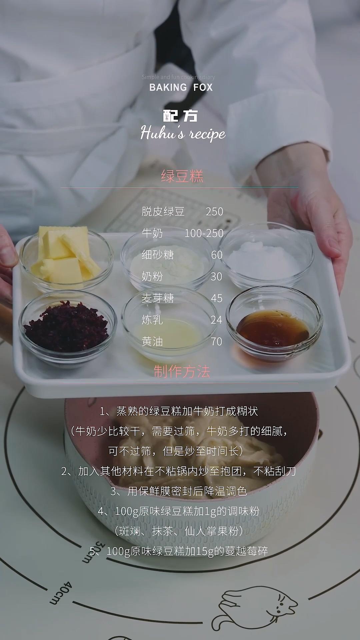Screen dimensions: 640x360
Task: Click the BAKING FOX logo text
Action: pyautogui.click(x=181, y=87)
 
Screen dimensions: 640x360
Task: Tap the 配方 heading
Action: pyautogui.click(x=180, y=116)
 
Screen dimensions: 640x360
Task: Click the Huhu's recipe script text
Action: pyautogui.click(x=183, y=133)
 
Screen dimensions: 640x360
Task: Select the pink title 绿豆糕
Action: pyautogui.click(x=182, y=176)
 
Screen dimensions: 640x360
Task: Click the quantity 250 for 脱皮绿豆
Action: pyautogui.click(x=214, y=212)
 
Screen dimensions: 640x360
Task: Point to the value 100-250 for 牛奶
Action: pyautogui.click(x=204, y=233)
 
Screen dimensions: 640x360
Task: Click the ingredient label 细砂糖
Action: pyautogui.click(x=158, y=255)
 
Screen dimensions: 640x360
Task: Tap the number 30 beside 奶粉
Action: pyautogui.click(x=216, y=277)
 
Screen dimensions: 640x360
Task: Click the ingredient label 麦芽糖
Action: pyautogui.click(x=158, y=298)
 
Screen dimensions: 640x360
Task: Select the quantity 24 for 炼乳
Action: pyautogui.click(x=216, y=320)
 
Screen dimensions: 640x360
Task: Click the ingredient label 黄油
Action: pyautogui.click(x=152, y=342)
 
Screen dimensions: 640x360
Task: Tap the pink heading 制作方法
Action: pyautogui.click(x=182, y=371)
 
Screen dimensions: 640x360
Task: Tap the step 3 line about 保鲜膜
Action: pyautogui.click(x=179, y=491)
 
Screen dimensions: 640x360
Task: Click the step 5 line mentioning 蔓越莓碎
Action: pyautogui.click(x=179, y=551)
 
